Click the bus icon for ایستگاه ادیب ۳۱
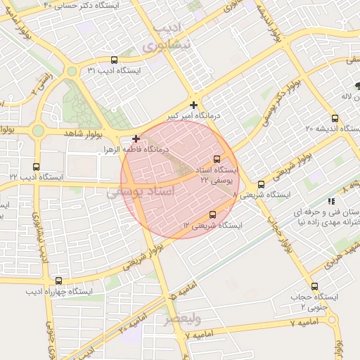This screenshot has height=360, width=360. pyautogui.click(x=115, y=60)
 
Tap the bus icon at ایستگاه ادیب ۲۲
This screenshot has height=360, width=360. pyautogui.click(x=37, y=167)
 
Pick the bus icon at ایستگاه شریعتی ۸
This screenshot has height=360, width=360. pyautogui.click(x=261, y=184)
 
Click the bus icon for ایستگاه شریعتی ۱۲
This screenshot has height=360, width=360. pyautogui.click(x=213, y=214)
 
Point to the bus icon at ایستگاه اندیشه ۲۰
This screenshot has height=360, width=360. pyautogui.click(x=335, y=117)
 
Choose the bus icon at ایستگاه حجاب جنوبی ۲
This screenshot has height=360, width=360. pyautogui.click(x=314, y=286)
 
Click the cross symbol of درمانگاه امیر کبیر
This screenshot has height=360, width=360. pyautogui.click(x=194, y=105)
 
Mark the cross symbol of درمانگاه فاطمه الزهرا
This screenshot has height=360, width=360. pyautogui.click(x=136, y=139)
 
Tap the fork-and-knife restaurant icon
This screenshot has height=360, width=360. pyautogui.click(x=331, y=201)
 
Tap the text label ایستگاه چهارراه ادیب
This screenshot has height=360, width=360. pyautogui.click(x=60, y=291)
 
